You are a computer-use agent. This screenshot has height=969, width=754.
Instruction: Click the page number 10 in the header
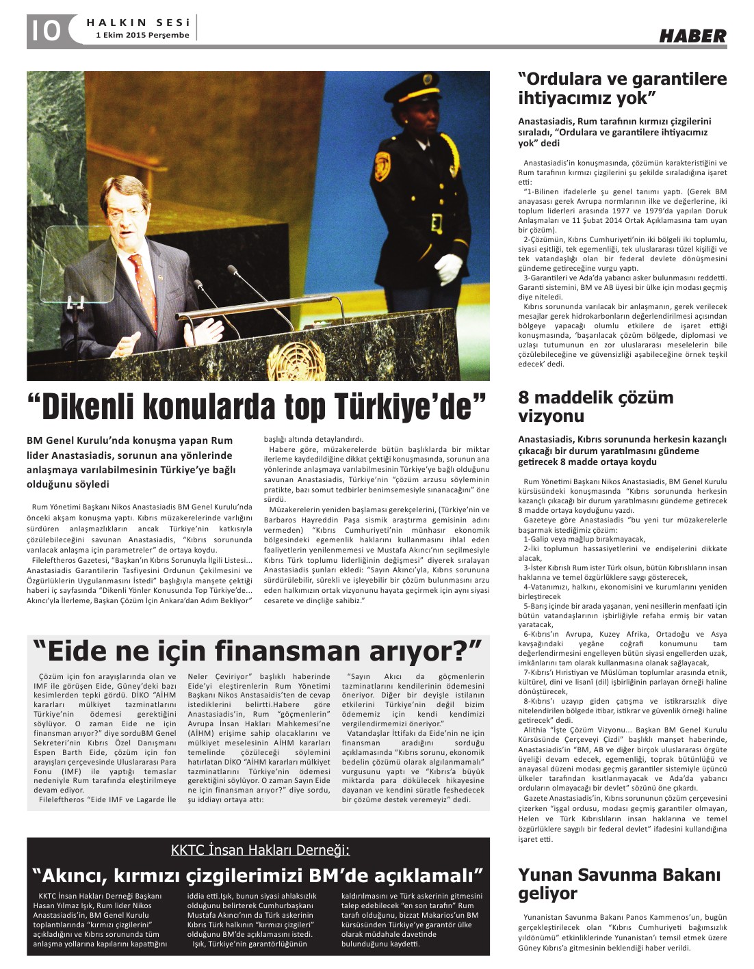pyautogui.click(x=44, y=31)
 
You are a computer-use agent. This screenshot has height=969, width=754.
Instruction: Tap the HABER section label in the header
pyautogui.click(x=692, y=36)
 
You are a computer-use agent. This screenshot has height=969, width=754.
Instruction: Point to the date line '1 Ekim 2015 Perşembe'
pyautogui.click(x=142, y=35)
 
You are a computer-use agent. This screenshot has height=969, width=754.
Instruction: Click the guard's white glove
pyautogui.click(x=450, y=267)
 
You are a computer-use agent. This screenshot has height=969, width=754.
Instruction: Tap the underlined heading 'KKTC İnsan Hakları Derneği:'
pyautogui.click(x=260, y=850)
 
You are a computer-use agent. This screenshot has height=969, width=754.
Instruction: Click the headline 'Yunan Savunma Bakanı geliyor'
pyautogui.click(x=619, y=884)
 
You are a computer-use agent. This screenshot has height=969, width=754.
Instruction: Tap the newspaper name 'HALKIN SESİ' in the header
pyautogui.click(x=138, y=23)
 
